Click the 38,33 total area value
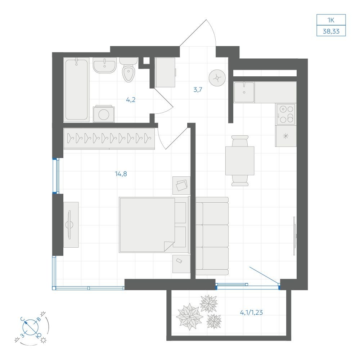(331, 31)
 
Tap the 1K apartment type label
(331, 20)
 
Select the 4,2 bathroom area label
(131, 100)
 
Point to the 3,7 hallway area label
(198, 90)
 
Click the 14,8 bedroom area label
(121, 174)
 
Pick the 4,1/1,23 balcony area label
(251, 312)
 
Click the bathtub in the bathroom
(76, 90)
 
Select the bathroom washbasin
(104, 65)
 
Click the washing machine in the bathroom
(104, 114)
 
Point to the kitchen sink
(244, 92)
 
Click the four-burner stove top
(286, 114)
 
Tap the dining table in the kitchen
(240, 161)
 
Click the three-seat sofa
(212, 236)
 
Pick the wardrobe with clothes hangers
(109, 139)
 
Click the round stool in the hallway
(217, 78)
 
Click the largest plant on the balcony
(189, 316)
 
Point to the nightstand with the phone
(181, 264)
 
